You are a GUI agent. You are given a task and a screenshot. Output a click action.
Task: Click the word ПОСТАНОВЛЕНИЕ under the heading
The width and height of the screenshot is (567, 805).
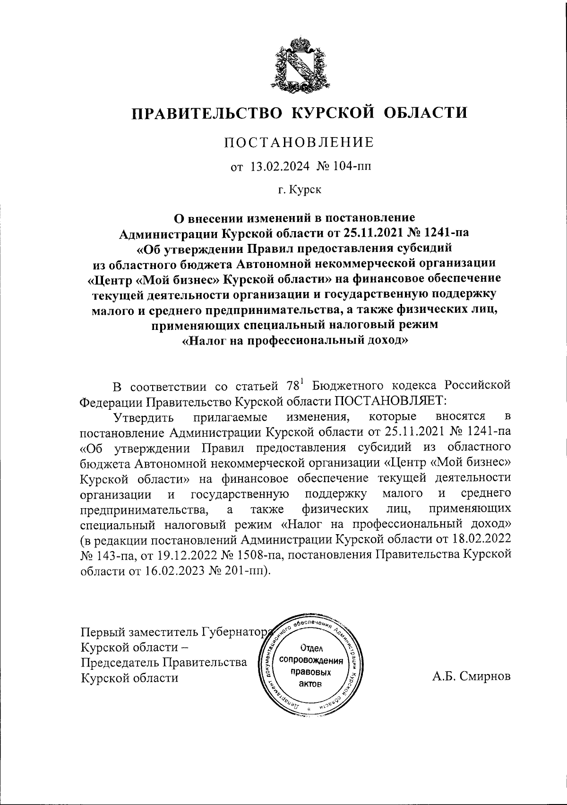coord(299,142)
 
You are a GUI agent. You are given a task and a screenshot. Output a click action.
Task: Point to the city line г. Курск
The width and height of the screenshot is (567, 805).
coord(299,190)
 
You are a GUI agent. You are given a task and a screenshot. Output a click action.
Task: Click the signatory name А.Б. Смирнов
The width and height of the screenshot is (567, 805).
coord(471,676)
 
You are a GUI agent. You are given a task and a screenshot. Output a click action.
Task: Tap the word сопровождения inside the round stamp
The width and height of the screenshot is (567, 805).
coord(311,660)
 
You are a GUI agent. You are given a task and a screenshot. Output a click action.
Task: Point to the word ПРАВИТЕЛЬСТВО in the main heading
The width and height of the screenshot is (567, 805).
coord(206,113)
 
